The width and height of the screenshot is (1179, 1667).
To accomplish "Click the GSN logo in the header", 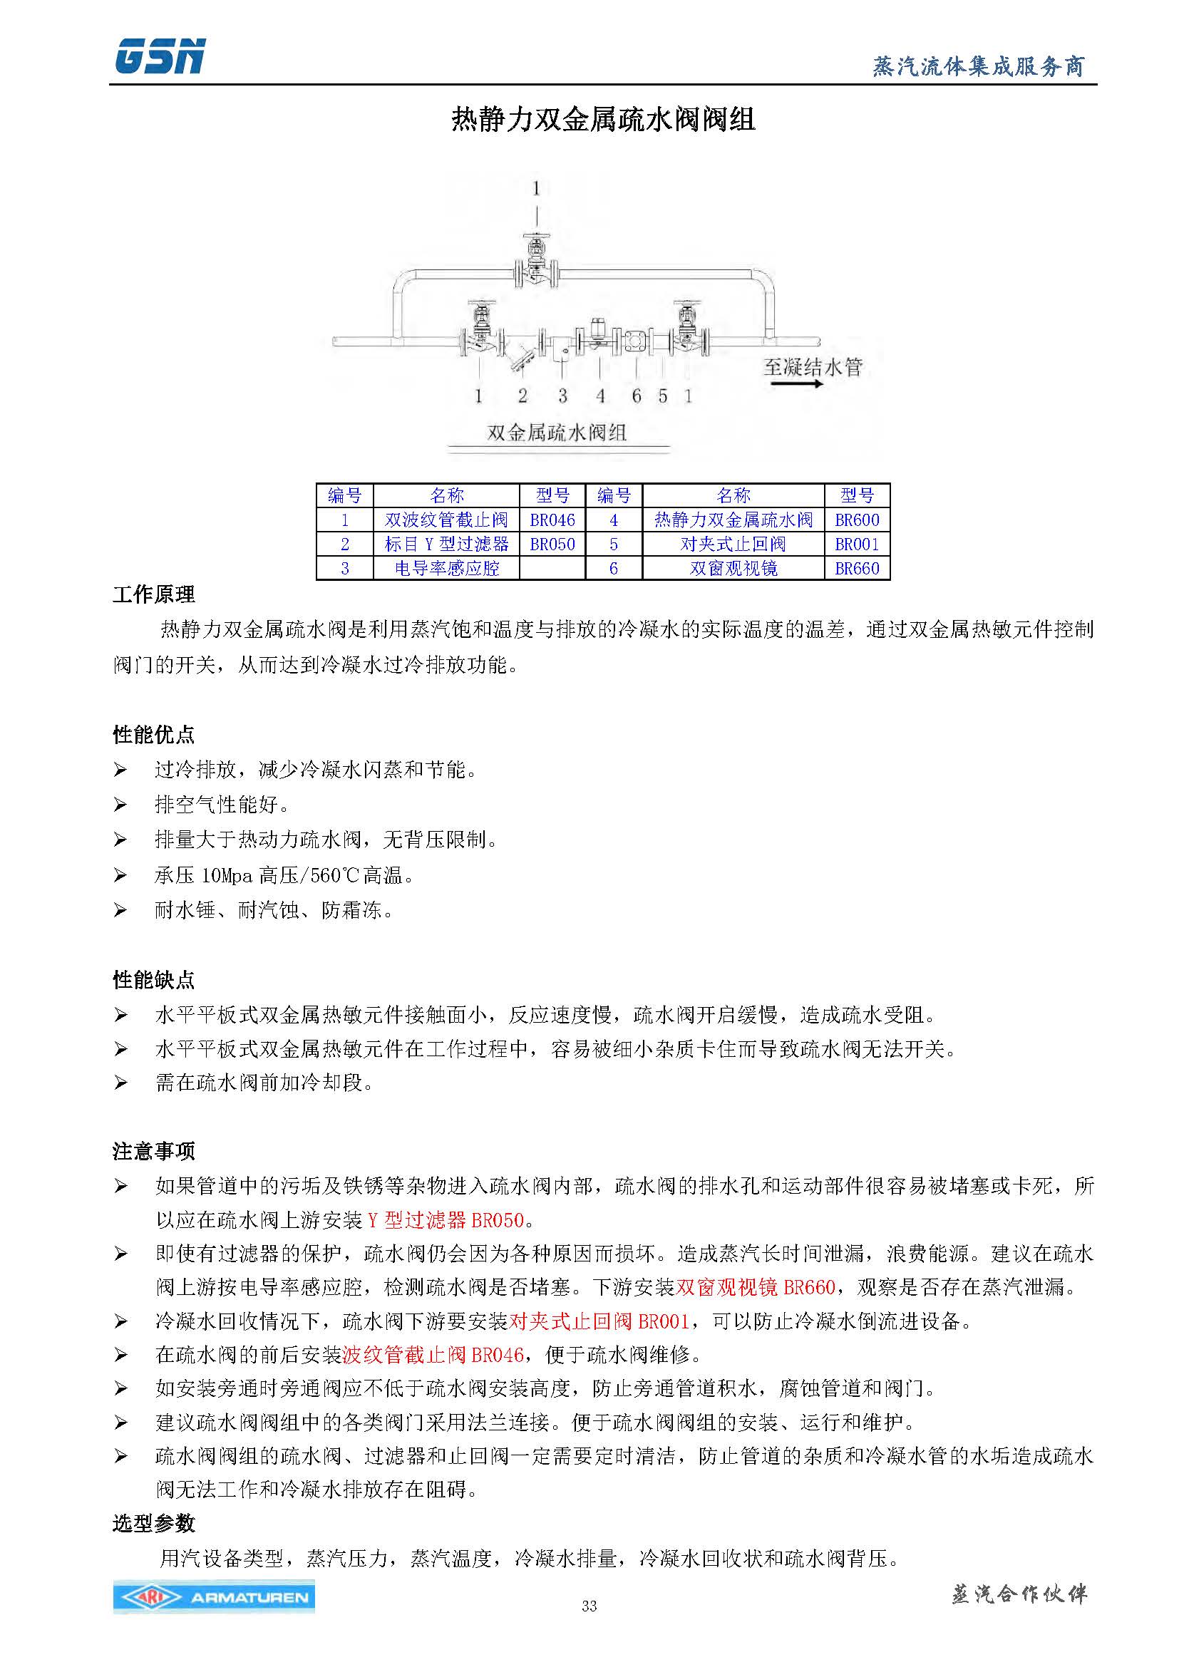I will pyautogui.click(x=160, y=56).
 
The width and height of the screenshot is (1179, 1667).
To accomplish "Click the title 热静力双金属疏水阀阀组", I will pyautogui.click(x=603, y=119).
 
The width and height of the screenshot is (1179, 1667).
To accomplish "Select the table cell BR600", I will pyautogui.click(x=857, y=520).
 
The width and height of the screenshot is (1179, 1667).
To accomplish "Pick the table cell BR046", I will pyautogui.click(x=552, y=520).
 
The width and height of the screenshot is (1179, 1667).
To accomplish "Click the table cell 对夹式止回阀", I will pyautogui.click(x=733, y=544).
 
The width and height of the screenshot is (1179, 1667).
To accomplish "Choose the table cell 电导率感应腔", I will pyautogui.click(x=446, y=568).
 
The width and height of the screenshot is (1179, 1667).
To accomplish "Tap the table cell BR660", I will pyautogui.click(x=857, y=568).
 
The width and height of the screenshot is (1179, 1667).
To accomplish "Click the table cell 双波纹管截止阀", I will pyautogui.click(x=446, y=520).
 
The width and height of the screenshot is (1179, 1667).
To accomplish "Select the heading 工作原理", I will pyautogui.click(x=154, y=594).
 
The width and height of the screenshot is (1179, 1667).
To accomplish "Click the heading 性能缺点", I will pyautogui.click(x=154, y=979).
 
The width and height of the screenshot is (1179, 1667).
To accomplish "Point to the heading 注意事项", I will pyautogui.click(x=154, y=1151).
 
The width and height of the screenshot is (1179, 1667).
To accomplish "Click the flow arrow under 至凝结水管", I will pyautogui.click(x=796, y=383).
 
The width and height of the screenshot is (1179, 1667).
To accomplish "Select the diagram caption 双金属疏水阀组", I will pyautogui.click(x=557, y=433).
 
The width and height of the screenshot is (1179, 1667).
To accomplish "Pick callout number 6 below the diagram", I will pyautogui.click(x=637, y=396).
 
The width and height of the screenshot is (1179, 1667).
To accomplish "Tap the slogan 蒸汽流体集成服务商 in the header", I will pyautogui.click(x=978, y=67).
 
